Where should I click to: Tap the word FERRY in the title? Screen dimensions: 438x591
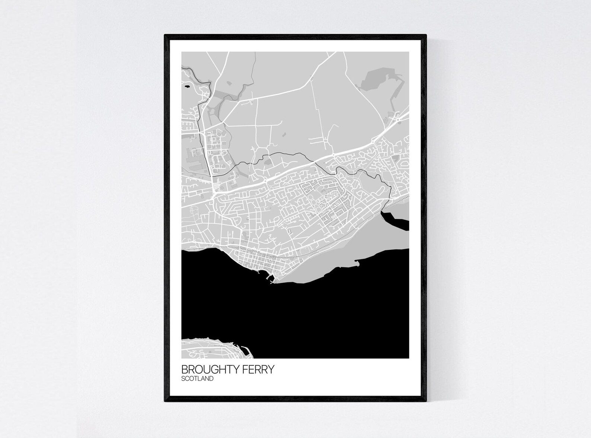(x=261, y=369)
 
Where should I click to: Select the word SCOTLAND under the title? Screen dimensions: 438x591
(x=197, y=379)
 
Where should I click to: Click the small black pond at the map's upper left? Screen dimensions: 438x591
(x=186, y=88)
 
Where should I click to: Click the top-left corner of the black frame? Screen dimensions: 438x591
(x=165, y=35)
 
